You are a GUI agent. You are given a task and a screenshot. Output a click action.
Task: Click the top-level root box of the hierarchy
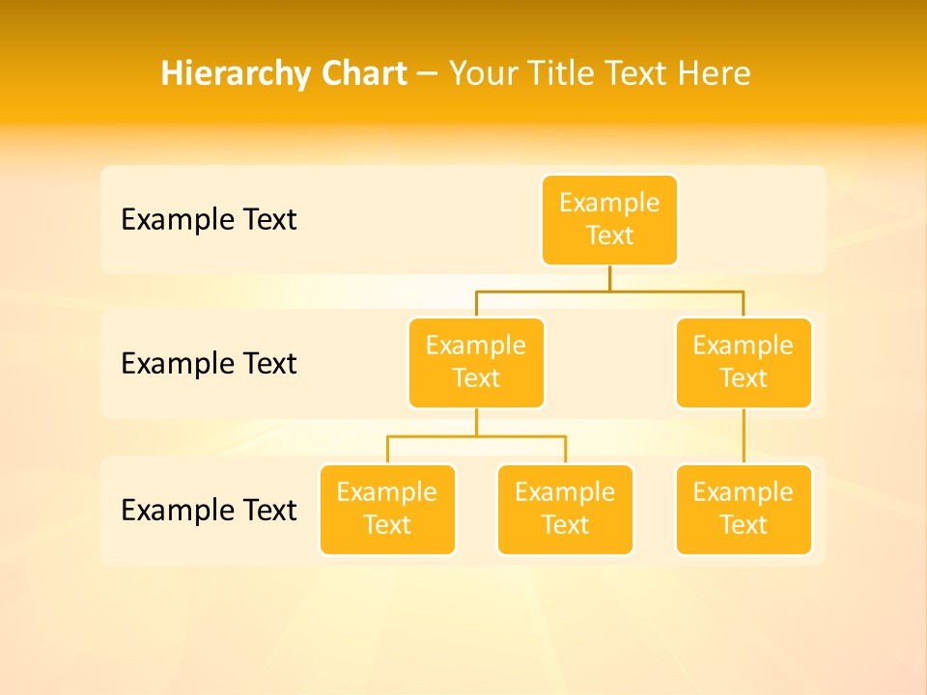click(609, 220)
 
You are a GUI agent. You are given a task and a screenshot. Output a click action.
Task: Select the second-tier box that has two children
click(476, 363)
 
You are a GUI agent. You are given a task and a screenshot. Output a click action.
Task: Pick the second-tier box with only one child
click(744, 363)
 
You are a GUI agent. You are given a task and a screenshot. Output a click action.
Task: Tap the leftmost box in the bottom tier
click(387, 510)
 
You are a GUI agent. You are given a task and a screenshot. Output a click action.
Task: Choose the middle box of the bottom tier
click(565, 510)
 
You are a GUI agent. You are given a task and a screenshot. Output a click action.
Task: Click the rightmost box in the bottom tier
click(744, 510)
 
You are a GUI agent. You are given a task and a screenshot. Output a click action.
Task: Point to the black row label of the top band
click(209, 220)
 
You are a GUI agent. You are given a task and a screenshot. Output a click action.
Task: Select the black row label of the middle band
click(209, 364)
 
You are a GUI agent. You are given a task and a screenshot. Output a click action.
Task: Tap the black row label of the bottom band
click(209, 510)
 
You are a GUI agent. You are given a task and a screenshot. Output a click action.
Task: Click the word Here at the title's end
click(714, 73)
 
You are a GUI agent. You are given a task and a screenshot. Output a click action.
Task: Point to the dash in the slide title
click(428, 74)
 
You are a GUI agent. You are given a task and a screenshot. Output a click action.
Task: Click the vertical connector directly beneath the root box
click(609, 278)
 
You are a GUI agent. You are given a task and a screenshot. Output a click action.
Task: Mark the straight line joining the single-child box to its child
click(744, 436)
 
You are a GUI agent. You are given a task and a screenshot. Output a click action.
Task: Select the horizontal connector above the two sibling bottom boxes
click(476, 436)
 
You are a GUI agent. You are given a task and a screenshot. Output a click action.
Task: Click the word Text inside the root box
click(609, 236)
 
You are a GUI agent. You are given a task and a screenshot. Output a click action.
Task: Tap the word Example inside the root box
click(609, 203)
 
